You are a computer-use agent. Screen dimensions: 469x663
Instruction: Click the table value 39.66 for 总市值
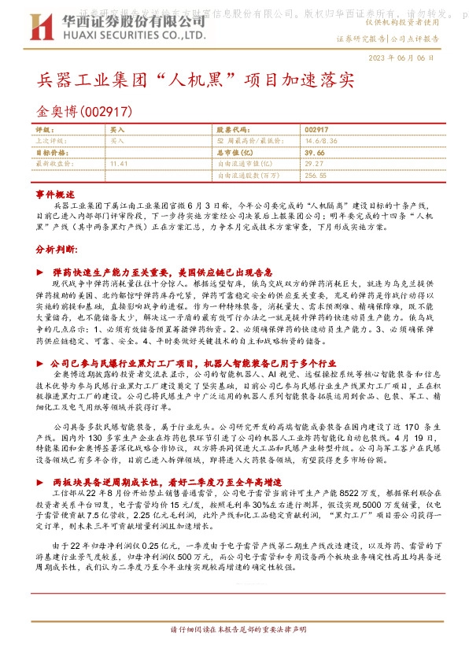[314, 151]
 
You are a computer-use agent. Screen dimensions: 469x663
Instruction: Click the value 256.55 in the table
[316, 175]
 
